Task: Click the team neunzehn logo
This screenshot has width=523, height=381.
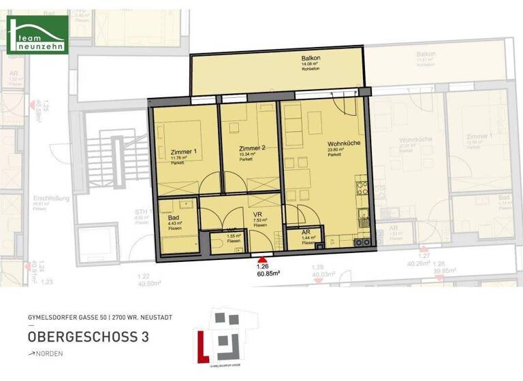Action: [x=37, y=34]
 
